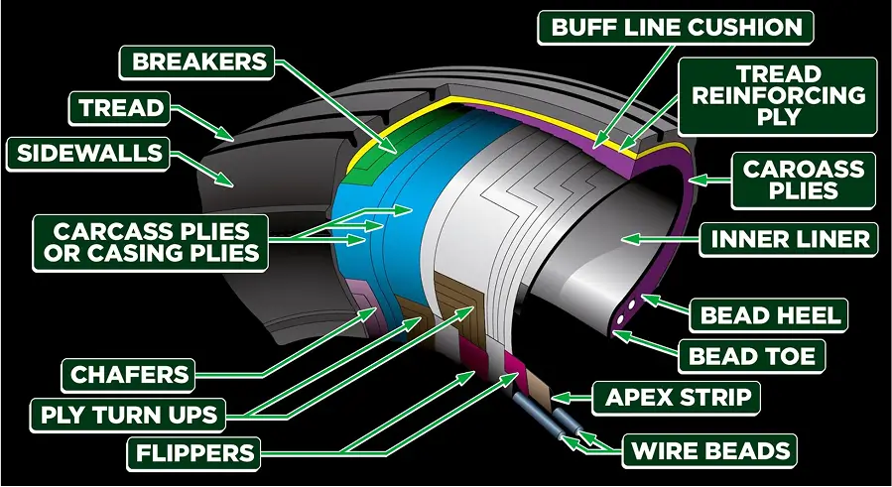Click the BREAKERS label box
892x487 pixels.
(x=196, y=62)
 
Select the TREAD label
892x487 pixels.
(x=119, y=108)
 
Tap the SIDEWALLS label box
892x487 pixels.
(x=88, y=154)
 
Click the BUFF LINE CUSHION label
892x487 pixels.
(x=676, y=28)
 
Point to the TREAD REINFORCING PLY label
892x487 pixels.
(x=778, y=96)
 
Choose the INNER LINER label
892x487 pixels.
(x=789, y=239)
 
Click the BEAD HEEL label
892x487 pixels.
(x=769, y=315)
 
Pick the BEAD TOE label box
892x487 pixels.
(x=751, y=356)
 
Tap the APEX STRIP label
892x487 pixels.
(x=677, y=397)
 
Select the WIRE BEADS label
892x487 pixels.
(x=709, y=451)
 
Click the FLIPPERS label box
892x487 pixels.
(x=194, y=453)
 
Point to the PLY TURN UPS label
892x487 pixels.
(x=128, y=415)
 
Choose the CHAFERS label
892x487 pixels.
(x=128, y=375)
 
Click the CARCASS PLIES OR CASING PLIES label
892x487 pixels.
(x=151, y=243)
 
